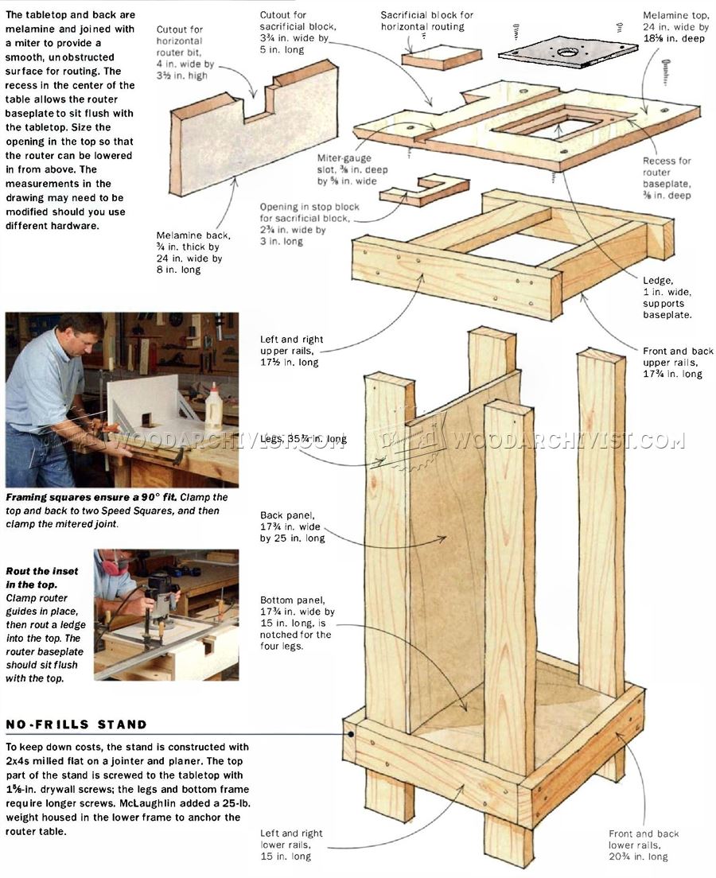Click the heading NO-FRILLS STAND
click(x=76, y=725)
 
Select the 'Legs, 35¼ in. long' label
click(x=303, y=439)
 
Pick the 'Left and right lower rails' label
click(x=291, y=845)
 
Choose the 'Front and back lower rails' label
click(x=644, y=845)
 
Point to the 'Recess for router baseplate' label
click(x=667, y=178)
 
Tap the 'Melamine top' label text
click(x=674, y=26)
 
